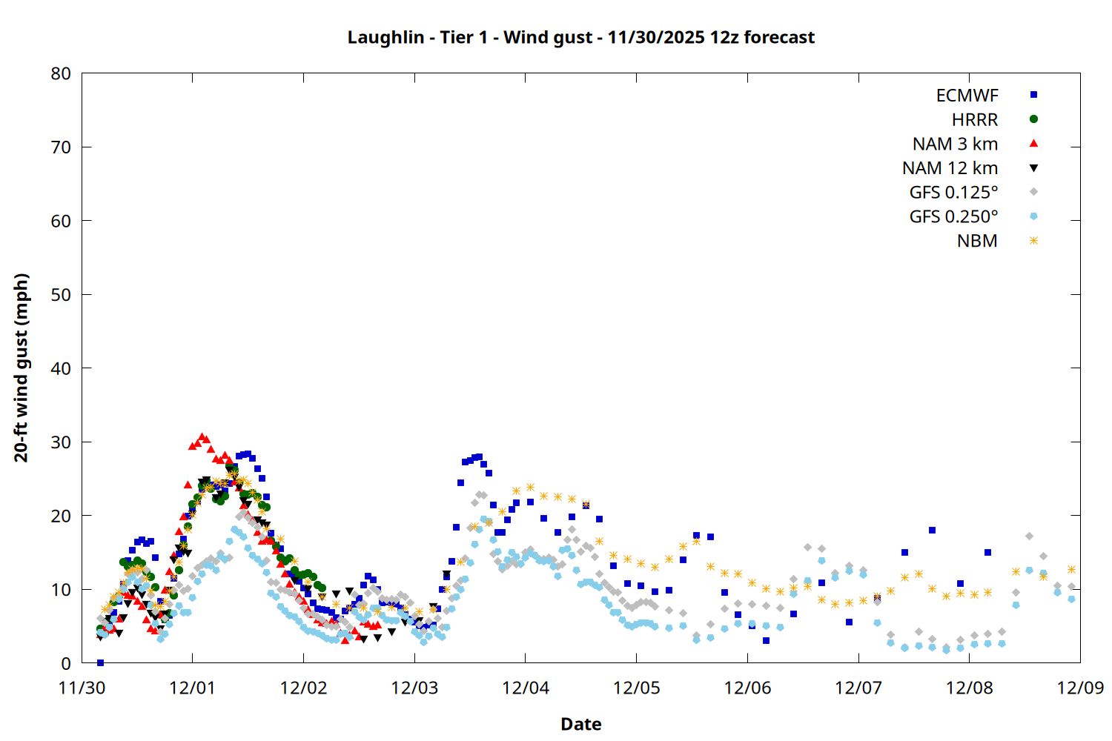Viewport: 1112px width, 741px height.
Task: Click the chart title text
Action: coord(580,37)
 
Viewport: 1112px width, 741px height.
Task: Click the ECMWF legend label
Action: coord(967,96)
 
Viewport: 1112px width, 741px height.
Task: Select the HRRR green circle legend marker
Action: coord(1033,119)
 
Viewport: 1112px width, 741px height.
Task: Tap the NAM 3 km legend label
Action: coord(955,144)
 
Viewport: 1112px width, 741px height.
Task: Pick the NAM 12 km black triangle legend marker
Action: coord(1033,168)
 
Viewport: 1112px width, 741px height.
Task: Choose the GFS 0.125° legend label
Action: coord(953,193)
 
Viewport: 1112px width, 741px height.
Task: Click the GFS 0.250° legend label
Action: coord(953,217)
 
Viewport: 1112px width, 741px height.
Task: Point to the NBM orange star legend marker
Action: coord(1033,241)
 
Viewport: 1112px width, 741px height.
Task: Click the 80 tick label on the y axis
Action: coord(61,73)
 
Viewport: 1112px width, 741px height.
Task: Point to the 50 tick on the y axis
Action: coord(61,295)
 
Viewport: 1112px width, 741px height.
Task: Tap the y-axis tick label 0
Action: coord(66,663)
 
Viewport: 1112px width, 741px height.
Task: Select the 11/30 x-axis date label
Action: coord(82,688)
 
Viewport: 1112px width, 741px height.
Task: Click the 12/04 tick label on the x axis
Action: coord(526,688)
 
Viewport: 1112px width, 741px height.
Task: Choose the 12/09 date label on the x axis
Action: coord(1080,688)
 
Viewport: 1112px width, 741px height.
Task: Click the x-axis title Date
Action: coord(580,724)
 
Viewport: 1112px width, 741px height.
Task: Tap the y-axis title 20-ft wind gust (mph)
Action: coord(21,368)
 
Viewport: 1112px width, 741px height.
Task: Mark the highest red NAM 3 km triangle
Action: coord(202,437)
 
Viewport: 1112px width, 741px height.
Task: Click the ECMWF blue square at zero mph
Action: coord(100,662)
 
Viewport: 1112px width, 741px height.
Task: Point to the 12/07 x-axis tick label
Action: coord(858,688)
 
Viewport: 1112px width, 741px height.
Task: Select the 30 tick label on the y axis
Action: coord(61,442)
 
